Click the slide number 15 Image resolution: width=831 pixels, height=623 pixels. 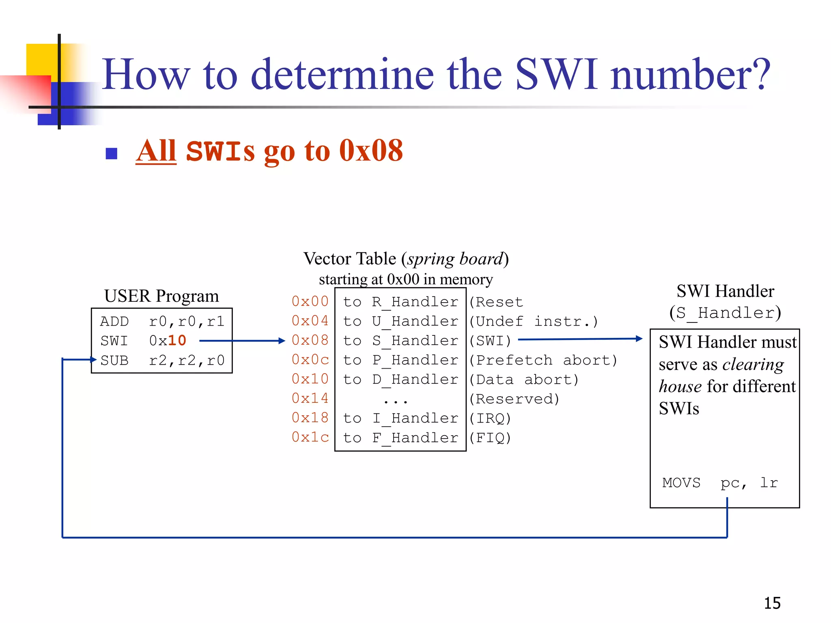point(772,603)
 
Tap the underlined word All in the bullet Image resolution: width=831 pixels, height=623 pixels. point(156,151)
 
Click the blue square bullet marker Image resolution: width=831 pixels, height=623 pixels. point(111,154)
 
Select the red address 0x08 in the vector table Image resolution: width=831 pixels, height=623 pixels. point(310,340)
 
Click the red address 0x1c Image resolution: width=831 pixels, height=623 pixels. point(310,437)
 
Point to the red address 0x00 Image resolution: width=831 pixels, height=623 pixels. point(310,301)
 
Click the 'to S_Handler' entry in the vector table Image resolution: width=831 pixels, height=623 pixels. point(400,341)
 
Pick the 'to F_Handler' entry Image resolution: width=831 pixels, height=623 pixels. point(400,438)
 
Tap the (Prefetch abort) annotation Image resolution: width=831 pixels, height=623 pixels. point(543,360)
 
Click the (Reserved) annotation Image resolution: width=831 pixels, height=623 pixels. point(514,399)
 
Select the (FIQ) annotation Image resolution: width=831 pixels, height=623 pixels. point(490,438)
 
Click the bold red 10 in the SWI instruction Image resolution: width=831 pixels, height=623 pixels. point(177,340)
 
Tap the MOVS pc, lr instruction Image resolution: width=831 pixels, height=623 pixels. point(720,483)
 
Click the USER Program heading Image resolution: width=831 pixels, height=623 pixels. point(161,296)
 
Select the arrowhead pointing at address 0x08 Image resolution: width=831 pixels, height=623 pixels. point(282,341)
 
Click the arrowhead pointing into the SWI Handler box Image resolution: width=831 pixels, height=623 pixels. point(639,338)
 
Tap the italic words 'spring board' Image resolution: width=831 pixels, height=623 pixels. point(455,259)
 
